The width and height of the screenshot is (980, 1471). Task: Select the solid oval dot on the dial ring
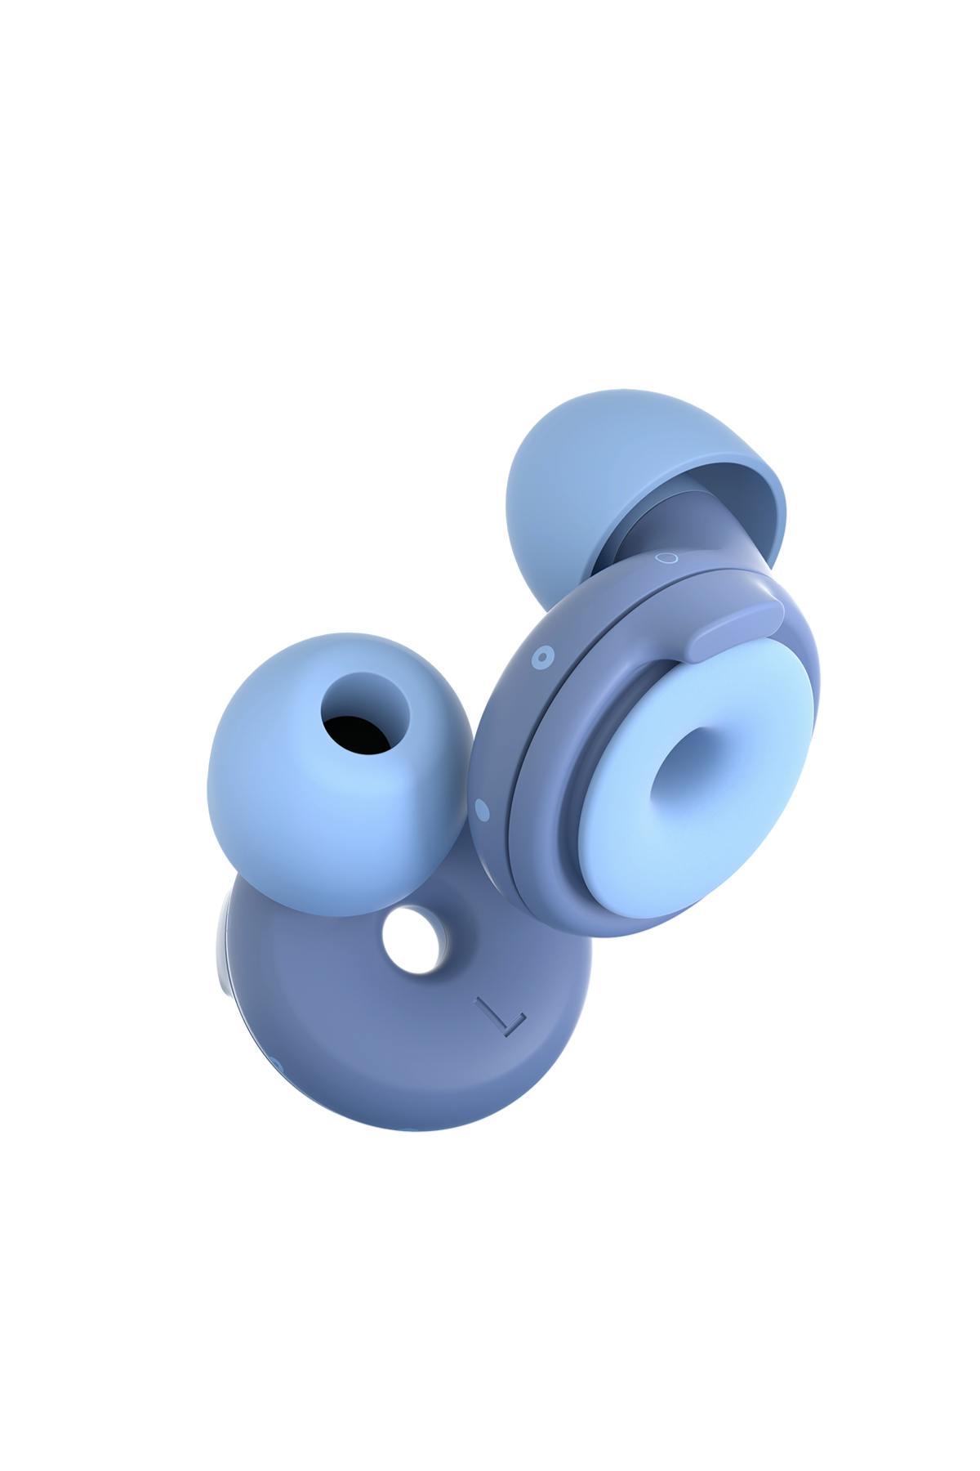[x=481, y=809]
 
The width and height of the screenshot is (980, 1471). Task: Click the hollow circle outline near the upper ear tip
[x=667, y=558]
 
